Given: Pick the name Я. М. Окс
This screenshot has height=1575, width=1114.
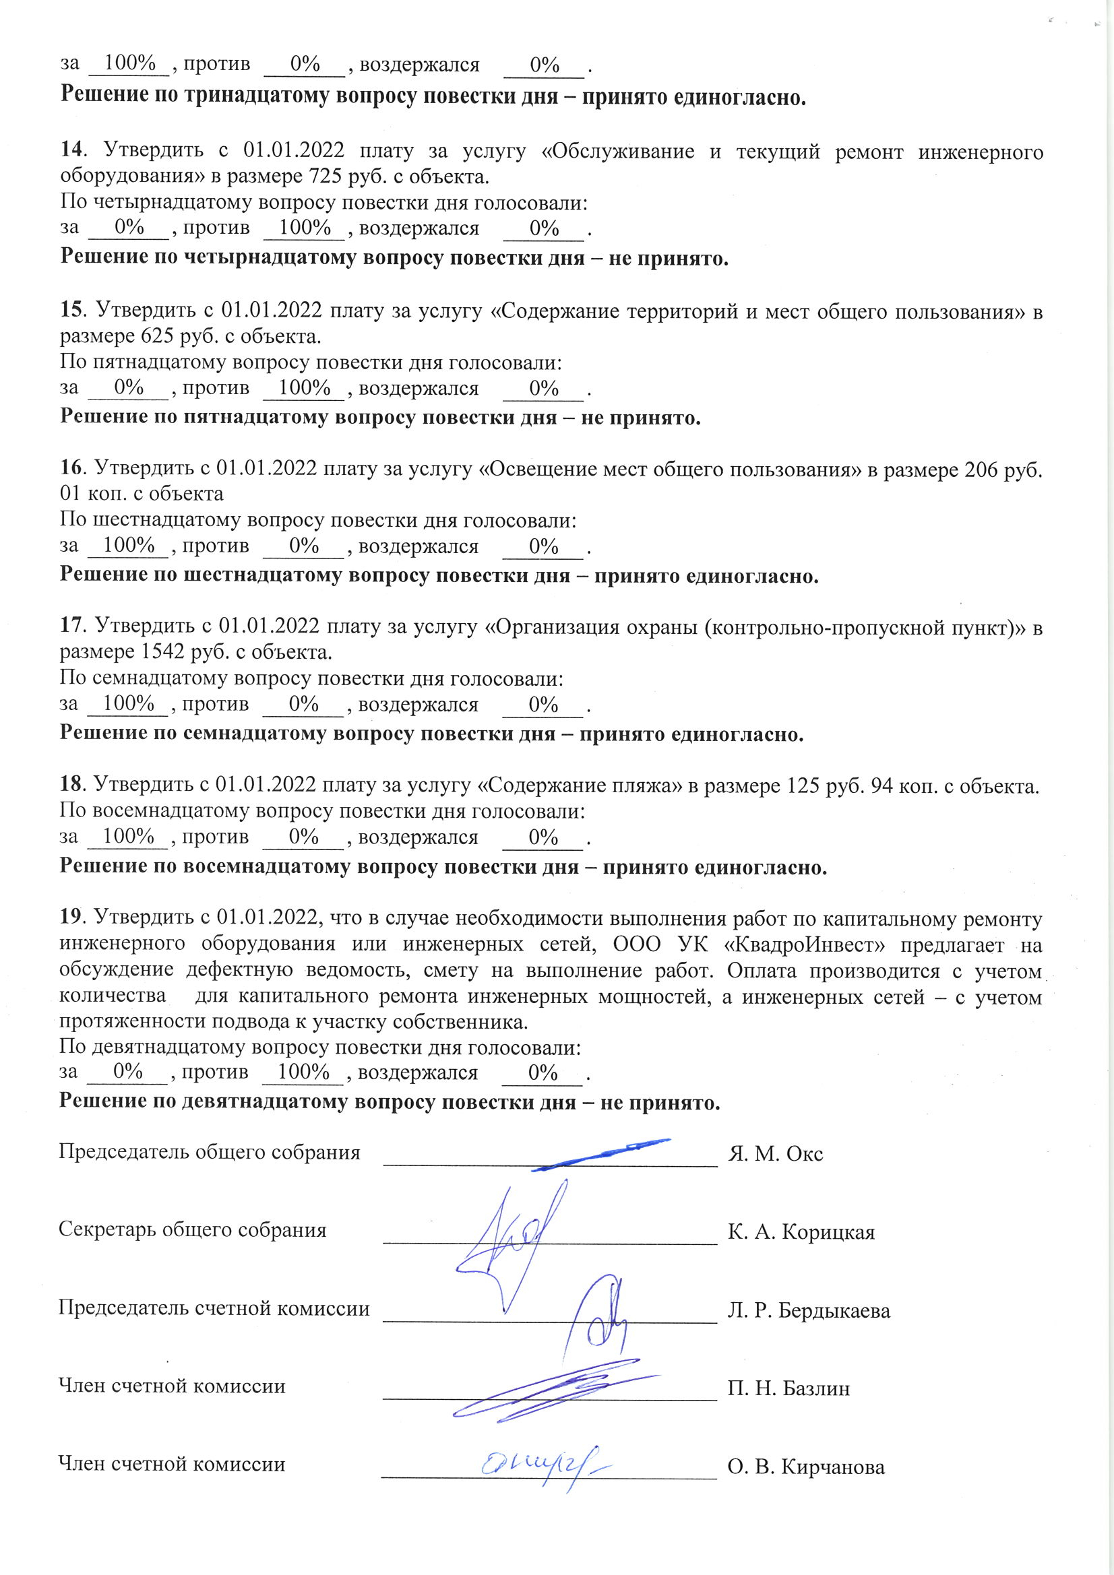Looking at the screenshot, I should pyautogui.click(x=775, y=1153).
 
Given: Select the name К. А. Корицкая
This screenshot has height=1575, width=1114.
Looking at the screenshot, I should pyautogui.click(x=801, y=1232).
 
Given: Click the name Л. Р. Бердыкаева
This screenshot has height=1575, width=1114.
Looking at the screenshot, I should pyautogui.click(x=809, y=1310).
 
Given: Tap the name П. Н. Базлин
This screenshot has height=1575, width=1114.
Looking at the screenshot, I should pyautogui.click(x=788, y=1389).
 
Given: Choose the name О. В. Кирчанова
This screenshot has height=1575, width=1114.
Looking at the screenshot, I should pyautogui.click(x=806, y=1467).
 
